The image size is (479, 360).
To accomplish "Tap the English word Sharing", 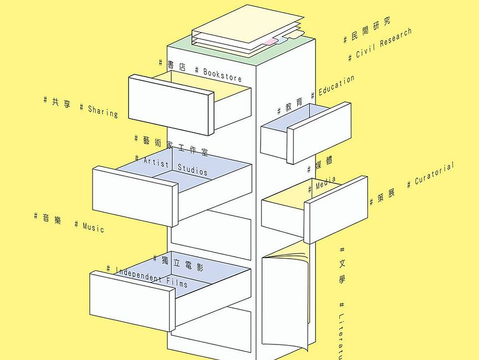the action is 103,111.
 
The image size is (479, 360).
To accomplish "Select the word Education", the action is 336,85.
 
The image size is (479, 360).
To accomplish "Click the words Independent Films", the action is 151,277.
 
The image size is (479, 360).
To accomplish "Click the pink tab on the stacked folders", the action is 270,42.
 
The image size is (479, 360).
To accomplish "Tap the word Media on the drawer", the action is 325,183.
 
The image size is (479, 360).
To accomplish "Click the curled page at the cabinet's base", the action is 285,299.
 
